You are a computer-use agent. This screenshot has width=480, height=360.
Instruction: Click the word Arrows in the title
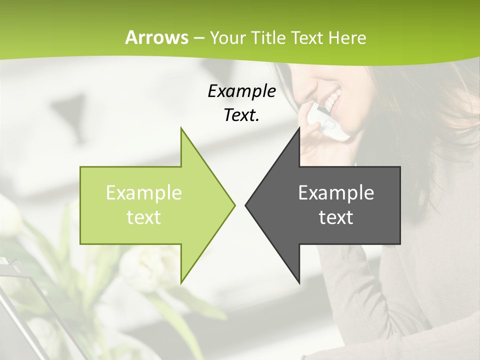click(x=156, y=37)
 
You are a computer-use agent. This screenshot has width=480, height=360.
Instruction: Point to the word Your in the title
click(x=228, y=38)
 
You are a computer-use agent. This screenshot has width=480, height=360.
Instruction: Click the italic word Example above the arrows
click(x=241, y=91)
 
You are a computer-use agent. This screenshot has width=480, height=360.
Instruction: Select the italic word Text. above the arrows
click(x=241, y=115)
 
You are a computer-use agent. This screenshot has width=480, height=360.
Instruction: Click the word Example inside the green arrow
click(x=144, y=192)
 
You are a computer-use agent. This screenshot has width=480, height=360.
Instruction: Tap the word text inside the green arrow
click(x=144, y=217)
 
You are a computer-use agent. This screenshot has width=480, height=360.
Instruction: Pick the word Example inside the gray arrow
click(x=336, y=192)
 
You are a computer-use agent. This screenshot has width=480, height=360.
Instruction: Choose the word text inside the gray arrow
click(x=336, y=217)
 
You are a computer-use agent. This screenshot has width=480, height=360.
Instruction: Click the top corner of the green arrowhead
click(x=181, y=128)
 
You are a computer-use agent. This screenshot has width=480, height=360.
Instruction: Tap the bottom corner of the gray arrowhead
click(x=299, y=282)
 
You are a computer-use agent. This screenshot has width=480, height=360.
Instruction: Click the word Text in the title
click(x=307, y=38)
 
